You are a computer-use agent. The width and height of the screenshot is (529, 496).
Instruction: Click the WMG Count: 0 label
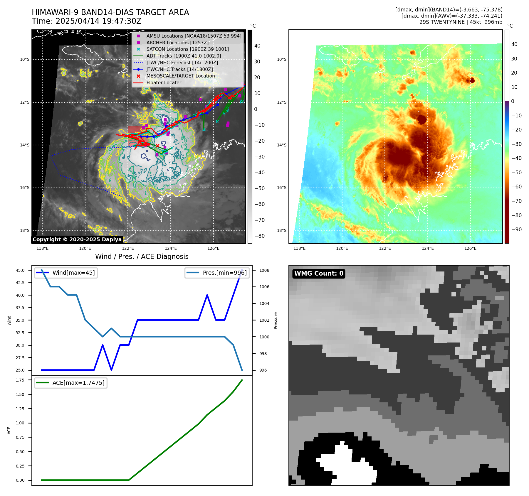(x=319, y=274)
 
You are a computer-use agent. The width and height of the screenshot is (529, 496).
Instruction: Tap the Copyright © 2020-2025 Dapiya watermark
(x=77, y=239)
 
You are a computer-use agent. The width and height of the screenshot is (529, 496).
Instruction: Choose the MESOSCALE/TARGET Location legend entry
(x=181, y=76)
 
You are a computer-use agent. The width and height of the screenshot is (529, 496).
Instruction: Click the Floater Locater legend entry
(x=164, y=82)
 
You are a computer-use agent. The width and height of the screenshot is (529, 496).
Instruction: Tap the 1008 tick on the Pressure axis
(x=264, y=270)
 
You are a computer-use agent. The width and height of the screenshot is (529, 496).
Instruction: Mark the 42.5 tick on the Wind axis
(x=20, y=283)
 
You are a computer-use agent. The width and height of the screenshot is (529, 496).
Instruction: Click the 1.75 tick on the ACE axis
(x=20, y=380)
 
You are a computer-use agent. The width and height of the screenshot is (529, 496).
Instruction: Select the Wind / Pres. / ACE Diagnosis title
(x=142, y=257)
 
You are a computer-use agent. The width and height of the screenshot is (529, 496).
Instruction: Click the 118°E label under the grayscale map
(x=43, y=248)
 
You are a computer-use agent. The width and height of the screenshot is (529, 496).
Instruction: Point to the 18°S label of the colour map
(x=281, y=230)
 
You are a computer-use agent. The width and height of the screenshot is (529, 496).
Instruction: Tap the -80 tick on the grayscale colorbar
(x=259, y=236)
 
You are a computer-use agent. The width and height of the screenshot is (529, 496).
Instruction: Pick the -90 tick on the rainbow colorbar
(x=516, y=230)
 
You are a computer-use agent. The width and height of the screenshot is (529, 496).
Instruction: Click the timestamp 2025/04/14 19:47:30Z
(x=98, y=21)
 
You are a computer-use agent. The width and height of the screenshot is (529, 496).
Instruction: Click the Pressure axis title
(x=276, y=320)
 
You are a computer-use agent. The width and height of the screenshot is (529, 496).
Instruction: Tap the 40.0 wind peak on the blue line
(x=207, y=295)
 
